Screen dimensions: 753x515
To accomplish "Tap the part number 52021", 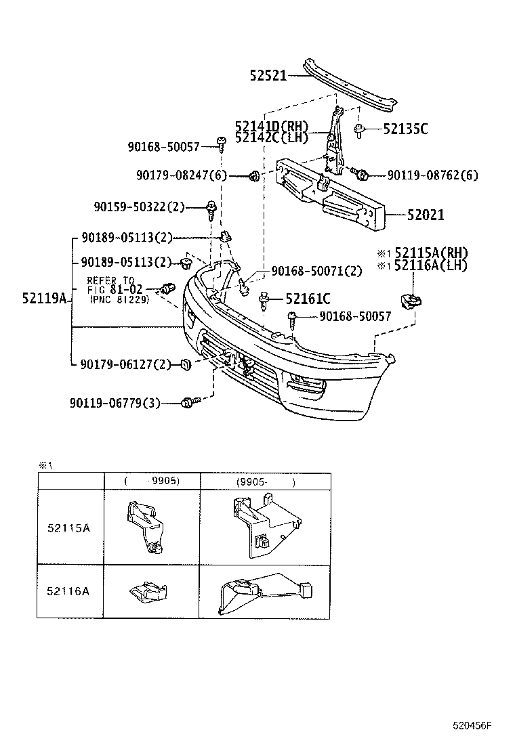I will coord(426,215).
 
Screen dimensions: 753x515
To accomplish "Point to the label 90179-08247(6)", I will coord(180,175).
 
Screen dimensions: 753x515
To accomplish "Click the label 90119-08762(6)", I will coord(432,175).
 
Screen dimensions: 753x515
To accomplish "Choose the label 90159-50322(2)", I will coord(139,206).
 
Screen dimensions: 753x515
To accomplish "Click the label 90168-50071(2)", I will coord(316,271).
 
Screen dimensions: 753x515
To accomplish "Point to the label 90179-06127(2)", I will coord(125,365).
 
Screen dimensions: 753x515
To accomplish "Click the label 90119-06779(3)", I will coord(115,403).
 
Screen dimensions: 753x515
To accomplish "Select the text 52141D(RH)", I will coord(272,127).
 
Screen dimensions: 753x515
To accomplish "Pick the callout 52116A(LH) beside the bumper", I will coord(431,265).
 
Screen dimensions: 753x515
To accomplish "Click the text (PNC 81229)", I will coord(119,299).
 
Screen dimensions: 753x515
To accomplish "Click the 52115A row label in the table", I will coord(68,528).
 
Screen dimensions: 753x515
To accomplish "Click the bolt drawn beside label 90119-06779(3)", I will coord(188,403).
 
